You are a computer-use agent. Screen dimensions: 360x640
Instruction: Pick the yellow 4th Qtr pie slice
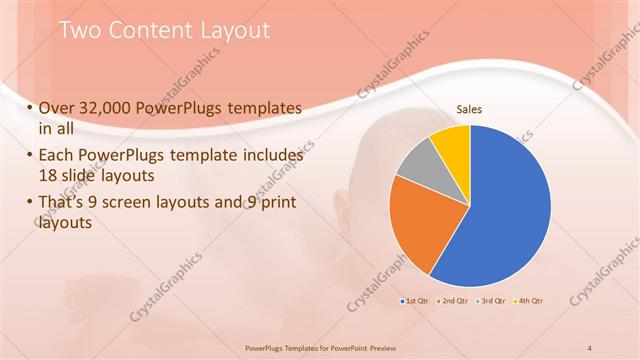point(451,141)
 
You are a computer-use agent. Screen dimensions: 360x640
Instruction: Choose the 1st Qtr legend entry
point(414,300)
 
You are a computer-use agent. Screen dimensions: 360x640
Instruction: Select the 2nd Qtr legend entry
point(451,300)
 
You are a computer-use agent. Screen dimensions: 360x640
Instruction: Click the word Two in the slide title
point(79,31)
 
